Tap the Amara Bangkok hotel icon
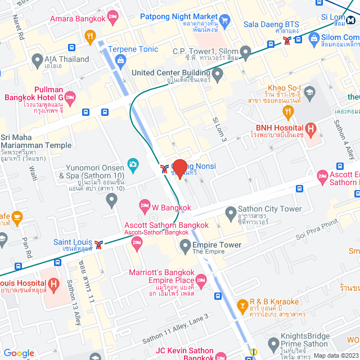(112, 18)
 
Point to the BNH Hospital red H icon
(310, 129)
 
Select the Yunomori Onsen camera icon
(133, 164)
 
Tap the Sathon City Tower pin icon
(231, 213)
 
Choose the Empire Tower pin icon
(185, 245)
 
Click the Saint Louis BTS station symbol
(99, 244)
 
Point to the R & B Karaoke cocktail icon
(243, 305)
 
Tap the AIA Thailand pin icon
(38, 59)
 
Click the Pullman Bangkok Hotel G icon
(70, 98)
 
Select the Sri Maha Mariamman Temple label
(36, 141)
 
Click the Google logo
(19, 353)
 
